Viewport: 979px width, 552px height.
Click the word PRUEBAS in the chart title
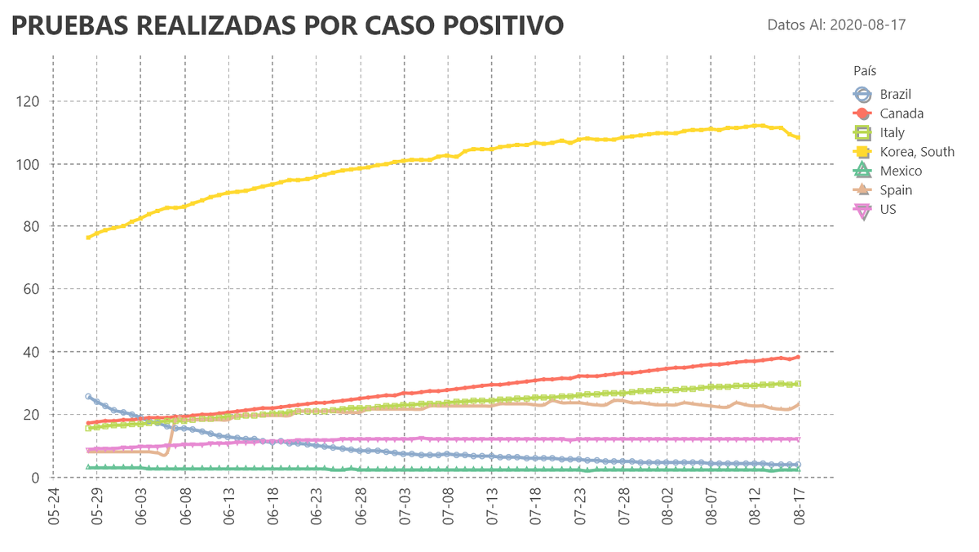click(67, 25)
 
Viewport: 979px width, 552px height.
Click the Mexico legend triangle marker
click(862, 171)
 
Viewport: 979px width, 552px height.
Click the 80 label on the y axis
click(30, 226)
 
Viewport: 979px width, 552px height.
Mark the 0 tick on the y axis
click(33, 477)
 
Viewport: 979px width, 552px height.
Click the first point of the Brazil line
click(88, 397)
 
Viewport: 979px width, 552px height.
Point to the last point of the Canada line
click(798, 357)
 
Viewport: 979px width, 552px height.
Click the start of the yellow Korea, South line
click(88, 238)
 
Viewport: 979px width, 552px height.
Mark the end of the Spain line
click(798, 403)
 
